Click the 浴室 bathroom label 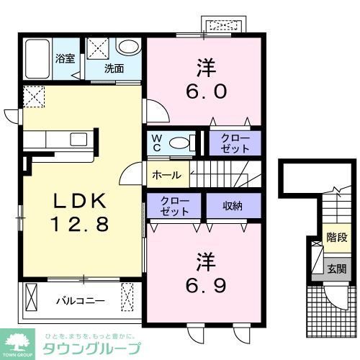coord(66,58)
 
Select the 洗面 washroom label coord(114,69)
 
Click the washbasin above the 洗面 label coord(129,48)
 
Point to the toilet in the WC coord(181,142)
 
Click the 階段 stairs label coord(336,237)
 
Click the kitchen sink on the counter coord(77,138)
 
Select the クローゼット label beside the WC coord(235,143)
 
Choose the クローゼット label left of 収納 coord(174,207)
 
